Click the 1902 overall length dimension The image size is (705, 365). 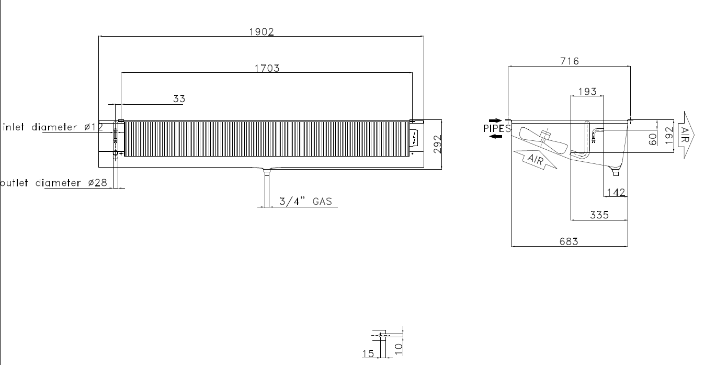(261, 32)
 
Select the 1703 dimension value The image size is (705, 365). (267, 68)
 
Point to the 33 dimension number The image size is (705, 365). (179, 98)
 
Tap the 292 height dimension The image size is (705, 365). (437, 145)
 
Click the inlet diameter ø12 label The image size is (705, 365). (53, 127)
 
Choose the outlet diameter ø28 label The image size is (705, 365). (53, 183)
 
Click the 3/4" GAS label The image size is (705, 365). (305, 201)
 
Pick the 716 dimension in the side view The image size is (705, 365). (570, 61)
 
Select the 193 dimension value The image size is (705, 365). (587, 92)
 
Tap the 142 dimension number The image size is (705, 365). (616, 192)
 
